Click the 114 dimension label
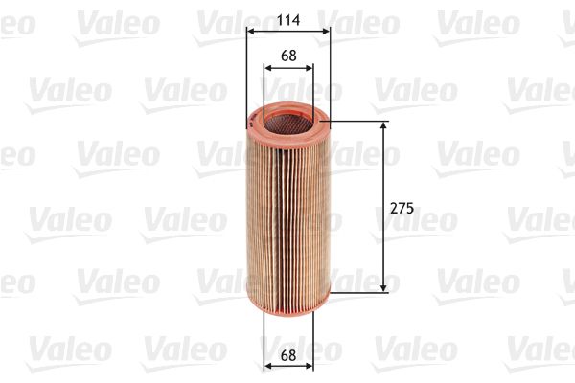pyautogui.click(x=288, y=18)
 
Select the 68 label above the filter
pyautogui.click(x=288, y=56)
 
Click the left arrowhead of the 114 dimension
pyautogui.click(x=251, y=31)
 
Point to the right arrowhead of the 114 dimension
pyautogui.click(x=326, y=31)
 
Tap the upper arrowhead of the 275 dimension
pyautogui.click(x=385, y=127)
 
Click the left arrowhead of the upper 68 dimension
pyautogui.click(x=268, y=67)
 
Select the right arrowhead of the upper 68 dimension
pyautogui.click(x=309, y=67)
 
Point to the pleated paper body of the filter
pyautogui.click(x=287, y=211)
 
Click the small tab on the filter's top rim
pyautogui.click(x=252, y=120)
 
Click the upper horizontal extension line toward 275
pyautogui.click(x=359, y=122)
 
